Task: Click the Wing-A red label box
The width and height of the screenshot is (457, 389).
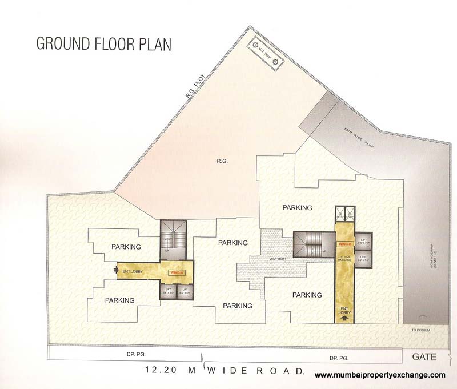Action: tap(176, 273)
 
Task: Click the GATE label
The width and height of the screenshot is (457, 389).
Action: tap(424, 358)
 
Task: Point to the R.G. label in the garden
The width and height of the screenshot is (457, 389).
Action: tap(222, 162)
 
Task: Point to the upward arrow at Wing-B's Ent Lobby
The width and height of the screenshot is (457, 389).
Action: tap(343, 319)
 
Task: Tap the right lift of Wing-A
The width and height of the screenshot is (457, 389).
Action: tap(185, 291)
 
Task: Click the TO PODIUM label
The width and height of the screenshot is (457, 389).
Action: tap(422, 330)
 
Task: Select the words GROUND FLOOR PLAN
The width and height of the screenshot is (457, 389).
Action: tap(103, 43)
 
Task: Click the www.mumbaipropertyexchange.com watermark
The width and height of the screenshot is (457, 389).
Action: tap(380, 375)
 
